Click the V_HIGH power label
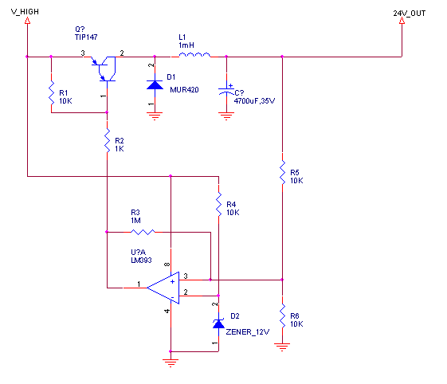click(x=25, y=12)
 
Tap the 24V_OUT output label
click(x=409, y=14)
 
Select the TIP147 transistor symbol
click(x=104, y=69)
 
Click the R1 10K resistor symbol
click(x=51, y=93)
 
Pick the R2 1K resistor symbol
click(x=108, y=140)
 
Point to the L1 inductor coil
click(x=194, y=55)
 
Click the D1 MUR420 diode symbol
click(x=155, y=85)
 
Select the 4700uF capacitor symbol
click(x=226, y=91)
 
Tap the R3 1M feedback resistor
click(x=143, y=232)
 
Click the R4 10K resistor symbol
click(x=218, y=204)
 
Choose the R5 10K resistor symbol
click(x=282, y=172)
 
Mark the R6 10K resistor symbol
click(x=282, y=315)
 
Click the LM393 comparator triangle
click(x=163, y=288)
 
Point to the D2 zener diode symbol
click(x=218, y=323)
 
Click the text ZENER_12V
click(x=248, y=332)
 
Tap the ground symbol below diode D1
click(x=155, y=116)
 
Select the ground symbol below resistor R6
click(x=282, y=347)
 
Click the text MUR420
click(x=184, y=90)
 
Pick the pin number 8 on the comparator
click(x=167, y=264)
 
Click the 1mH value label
click(x=186, y=45)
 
